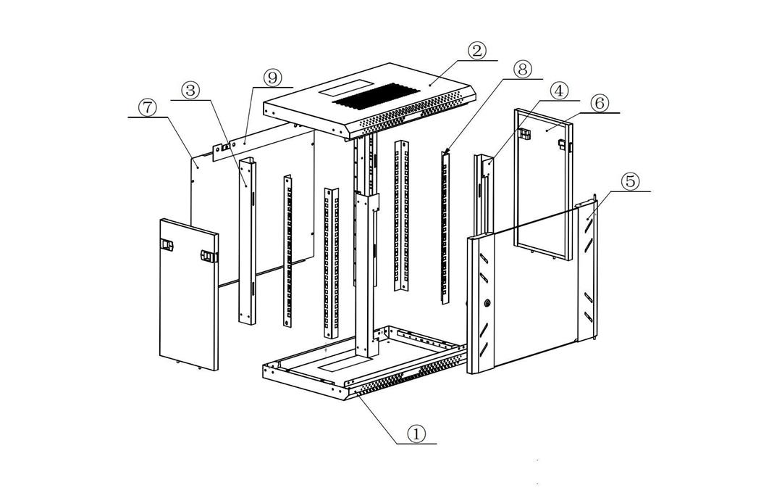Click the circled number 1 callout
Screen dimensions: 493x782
coord(416,434)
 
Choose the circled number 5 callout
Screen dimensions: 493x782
coord(631,181)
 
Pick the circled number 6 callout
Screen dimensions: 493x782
coord(598,103)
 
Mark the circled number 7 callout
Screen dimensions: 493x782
coord(147,108)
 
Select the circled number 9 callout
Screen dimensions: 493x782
coord(273,78)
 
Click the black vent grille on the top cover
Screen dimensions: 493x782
coord(377,96)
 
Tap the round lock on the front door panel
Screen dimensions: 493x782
coord(487,304)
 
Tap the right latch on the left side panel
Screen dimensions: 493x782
coord(209,256)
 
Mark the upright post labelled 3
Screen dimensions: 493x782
coord(246,243)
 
